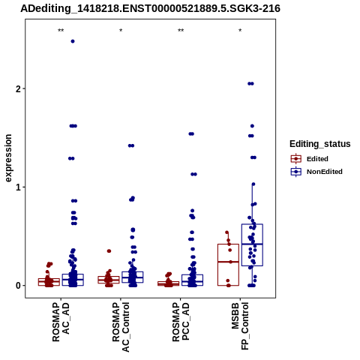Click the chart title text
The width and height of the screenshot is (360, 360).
click(150, 9)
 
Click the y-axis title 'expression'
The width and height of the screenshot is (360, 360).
click(8, 158)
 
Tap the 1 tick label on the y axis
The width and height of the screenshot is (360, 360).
click(19, 187)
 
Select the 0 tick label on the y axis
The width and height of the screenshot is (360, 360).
click(19, 286)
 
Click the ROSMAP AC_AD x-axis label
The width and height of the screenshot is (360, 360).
click(61, 322)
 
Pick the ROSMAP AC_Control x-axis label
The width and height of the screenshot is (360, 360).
click(121, 327)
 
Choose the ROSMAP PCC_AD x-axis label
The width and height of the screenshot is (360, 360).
click(181, 322)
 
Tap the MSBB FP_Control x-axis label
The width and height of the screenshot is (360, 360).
click(240, 326)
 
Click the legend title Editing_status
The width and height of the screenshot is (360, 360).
click(320, 144)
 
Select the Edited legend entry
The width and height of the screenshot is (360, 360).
click(310, 159)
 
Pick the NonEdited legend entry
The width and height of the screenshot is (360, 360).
click(316, 172)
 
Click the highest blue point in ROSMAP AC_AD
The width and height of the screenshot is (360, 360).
click(73, 41)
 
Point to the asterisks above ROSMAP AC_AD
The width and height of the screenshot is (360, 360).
click(61, 31)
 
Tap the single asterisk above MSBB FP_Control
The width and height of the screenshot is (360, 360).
click(240, 31)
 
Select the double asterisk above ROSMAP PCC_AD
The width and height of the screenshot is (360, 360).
click(181, 31)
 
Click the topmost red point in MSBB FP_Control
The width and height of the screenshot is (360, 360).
click(227, 232)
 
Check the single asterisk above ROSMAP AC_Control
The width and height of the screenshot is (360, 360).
click(121, 31)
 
